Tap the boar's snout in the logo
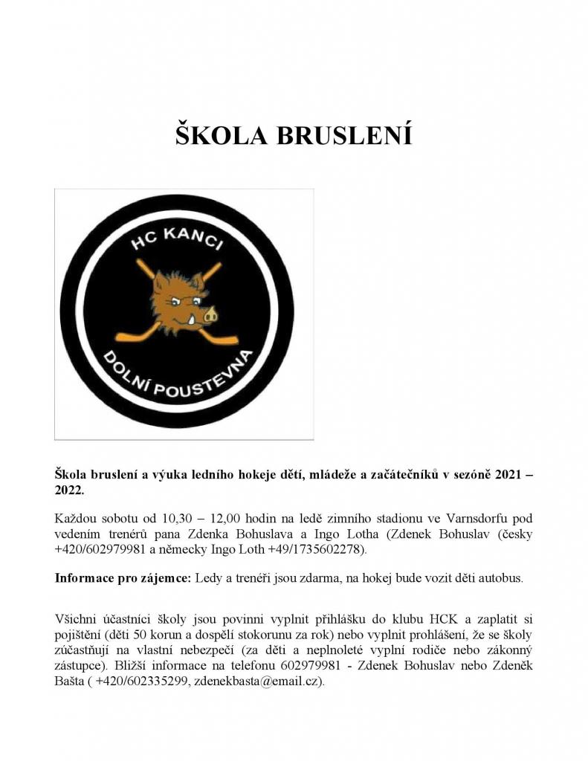[x=210, y=314]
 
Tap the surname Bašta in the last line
[x=71, y=681]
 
